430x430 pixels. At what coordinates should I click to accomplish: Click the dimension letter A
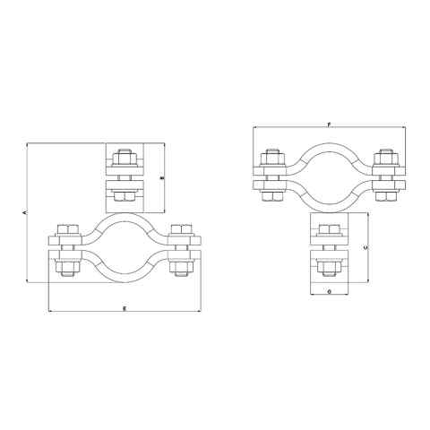point(24,212)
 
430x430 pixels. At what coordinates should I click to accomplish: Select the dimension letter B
point(161,178)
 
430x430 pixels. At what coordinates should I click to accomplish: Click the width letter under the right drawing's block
point(329,291)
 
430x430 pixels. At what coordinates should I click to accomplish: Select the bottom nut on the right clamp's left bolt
point(271,194)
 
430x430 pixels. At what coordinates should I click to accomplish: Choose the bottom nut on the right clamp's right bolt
point(385,194)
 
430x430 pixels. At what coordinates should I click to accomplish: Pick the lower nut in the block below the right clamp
point(329,268)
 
